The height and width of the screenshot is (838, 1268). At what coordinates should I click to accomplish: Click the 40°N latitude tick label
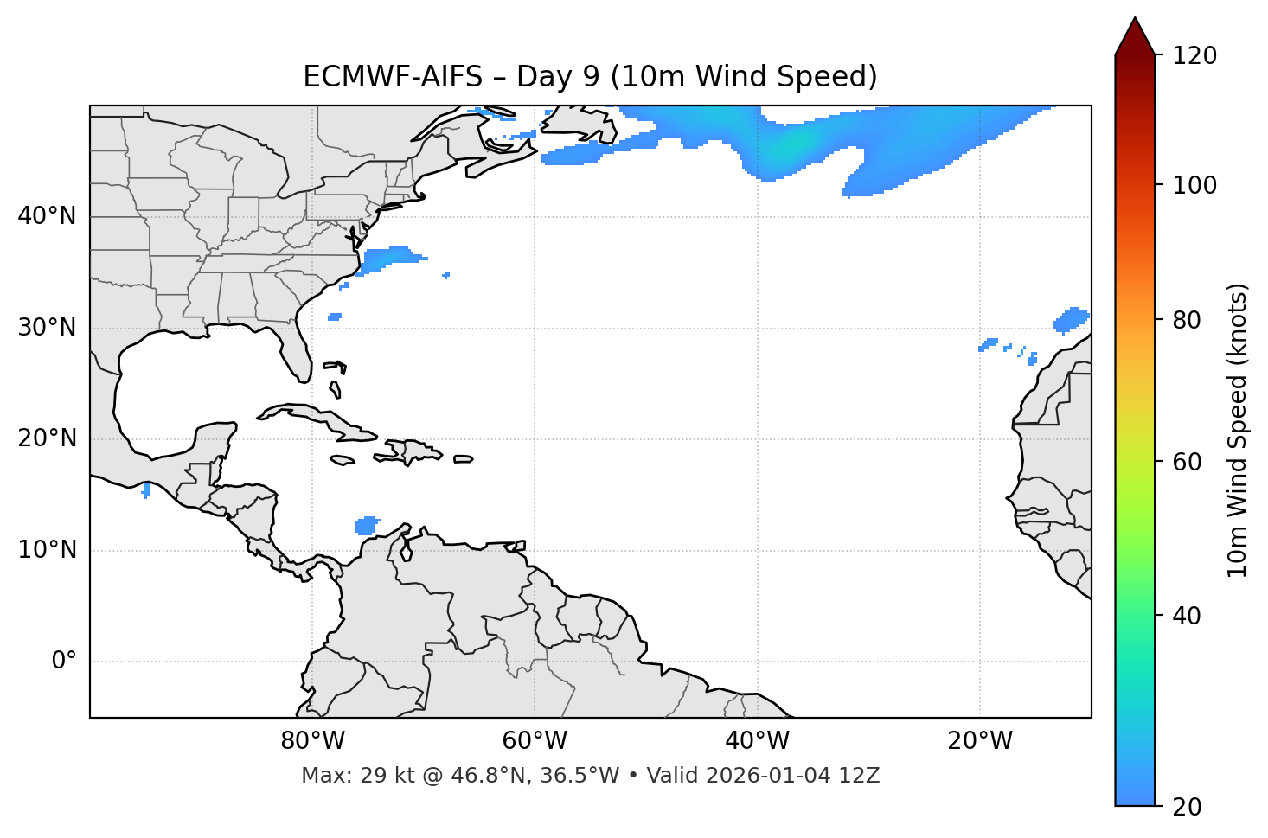tap(47, 216)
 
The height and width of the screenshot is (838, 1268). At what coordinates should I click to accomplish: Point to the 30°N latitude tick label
tap(47, 328)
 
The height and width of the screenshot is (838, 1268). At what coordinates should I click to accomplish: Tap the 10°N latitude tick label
tap(47, 550)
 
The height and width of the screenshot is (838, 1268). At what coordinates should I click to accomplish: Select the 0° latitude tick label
tap(63, 662)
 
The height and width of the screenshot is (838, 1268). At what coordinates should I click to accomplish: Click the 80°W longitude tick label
tap(312, 741)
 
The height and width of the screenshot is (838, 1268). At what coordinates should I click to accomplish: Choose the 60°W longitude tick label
tap(535, 741)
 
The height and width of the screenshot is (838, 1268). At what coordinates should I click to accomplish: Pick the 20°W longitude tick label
tap(980, 741)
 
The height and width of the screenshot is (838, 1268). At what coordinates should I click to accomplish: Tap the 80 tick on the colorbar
tap(1193, 320)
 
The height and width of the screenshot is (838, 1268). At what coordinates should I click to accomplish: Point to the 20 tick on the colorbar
tap(1193, 807)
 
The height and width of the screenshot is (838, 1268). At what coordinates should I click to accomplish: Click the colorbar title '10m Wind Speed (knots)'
tap(1238, 430)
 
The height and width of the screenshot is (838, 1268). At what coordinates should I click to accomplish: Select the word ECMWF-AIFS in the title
tap(392, 77)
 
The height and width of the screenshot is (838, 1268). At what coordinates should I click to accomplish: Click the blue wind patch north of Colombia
tap(367, 526)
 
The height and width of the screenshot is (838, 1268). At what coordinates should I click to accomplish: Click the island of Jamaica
tap(343, 461)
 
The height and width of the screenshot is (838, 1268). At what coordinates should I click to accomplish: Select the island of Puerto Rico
tap(463, 459)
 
